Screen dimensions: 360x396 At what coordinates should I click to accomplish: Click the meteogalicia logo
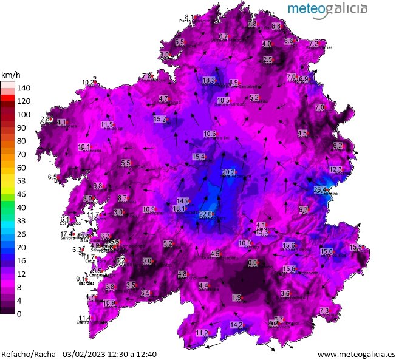tap(327, 8)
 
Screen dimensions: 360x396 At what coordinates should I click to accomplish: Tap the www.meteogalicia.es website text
tap(356, 353)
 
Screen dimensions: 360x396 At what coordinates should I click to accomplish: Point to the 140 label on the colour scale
tap(23, 88)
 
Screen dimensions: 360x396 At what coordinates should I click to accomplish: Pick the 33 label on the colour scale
tap(21, 221)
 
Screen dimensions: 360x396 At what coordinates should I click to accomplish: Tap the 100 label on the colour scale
tap(23, 115)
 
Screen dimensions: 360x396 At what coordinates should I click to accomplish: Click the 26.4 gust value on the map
tap(321, 190)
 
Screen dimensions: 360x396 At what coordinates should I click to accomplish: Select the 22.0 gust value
tap(206, 214)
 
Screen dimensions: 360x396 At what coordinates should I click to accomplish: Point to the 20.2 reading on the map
tap(228, 172)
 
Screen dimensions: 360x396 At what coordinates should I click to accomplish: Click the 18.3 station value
tap(209, 80)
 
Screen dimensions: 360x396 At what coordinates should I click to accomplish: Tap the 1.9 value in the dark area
tap(237, 297)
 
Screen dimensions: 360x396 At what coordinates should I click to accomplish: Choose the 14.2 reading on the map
tap(236, 325)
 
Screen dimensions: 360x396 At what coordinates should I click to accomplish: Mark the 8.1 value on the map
tap(189, 17)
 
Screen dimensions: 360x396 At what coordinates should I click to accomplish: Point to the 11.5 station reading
tap(106, 125)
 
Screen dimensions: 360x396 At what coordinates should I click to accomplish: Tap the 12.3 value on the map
tap(336, 169)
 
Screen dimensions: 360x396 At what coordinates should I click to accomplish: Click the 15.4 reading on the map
tap(199, 157)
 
